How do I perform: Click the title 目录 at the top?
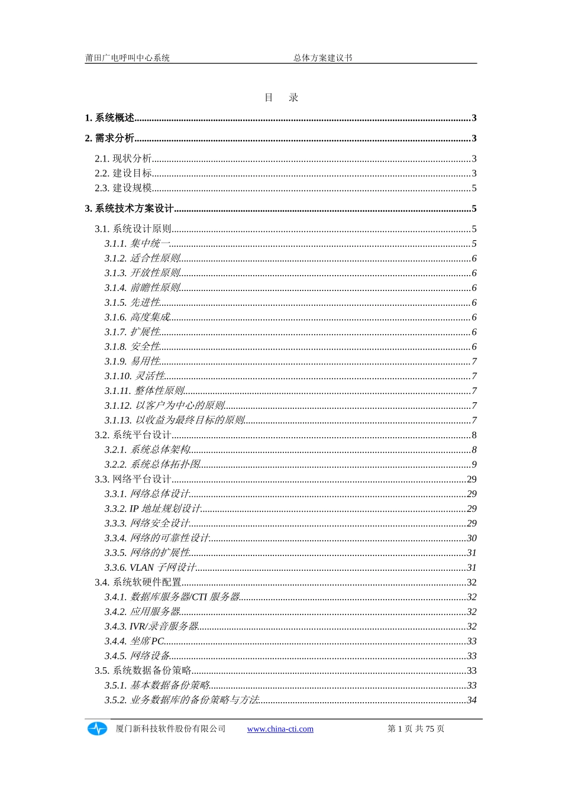tap(281, 98)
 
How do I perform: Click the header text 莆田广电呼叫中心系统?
tap(127, 58)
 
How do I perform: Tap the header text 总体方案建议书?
tap(323, 58)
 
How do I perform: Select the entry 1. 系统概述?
tap(110, 118)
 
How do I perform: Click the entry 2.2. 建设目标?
tap(123, 173)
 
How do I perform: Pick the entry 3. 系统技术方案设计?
tap(130, 208)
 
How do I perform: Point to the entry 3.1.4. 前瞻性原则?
tap(143, 288)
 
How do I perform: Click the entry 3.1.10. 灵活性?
tap(135, 376)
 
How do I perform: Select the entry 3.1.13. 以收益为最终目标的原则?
tap(175, 421)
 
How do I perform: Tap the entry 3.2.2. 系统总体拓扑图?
tap(153, 464)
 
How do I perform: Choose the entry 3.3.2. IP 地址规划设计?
tap(153, 509)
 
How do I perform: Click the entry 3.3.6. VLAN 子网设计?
tap(150, 568)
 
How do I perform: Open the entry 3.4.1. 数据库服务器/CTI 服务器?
tap(172, 597)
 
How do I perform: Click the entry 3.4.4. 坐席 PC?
tap(134, 641)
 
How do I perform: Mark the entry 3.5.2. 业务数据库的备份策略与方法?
tap(182, 700)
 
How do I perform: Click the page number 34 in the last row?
tap(471, 700)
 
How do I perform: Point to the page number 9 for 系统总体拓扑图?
tap(474, 464)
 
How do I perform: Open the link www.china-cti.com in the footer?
tap(280, 729)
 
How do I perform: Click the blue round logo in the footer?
tap(97, 729)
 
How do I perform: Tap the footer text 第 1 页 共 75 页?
tap(416, 729)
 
